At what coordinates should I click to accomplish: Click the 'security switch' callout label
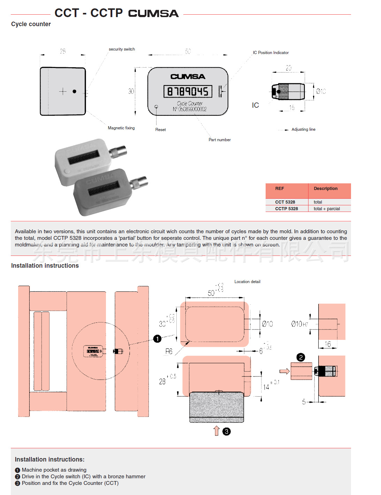click(122, 49)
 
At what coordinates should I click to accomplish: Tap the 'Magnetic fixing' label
click(121, 128)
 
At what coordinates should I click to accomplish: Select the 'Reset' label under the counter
click(160, 130)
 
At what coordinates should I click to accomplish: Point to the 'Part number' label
click(220, 140)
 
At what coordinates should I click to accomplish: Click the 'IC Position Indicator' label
click(270, 53)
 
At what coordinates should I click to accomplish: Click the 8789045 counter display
click(188, 91)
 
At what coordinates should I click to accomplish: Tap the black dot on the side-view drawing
click(74, 91)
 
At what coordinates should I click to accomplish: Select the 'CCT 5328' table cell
click(285, 202)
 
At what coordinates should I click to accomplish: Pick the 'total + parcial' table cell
click(327, 209)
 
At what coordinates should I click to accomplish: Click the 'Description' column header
click(326, 189)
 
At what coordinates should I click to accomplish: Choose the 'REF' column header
click(280, 189)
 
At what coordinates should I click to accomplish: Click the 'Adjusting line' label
click(303, 129)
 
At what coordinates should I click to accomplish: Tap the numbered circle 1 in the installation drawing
click(158, 338)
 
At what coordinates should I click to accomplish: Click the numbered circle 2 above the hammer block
click(300, 357)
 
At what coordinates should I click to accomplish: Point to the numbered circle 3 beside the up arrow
click(227, 432)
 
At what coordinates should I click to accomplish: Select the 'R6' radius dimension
click(169, 351)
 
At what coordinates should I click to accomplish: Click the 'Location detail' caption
click(247, 282)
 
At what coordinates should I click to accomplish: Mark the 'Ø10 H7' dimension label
click(299, 324)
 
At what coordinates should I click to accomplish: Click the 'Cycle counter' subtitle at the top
click(31, 24)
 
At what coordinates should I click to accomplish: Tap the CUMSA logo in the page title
click(153, 13)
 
